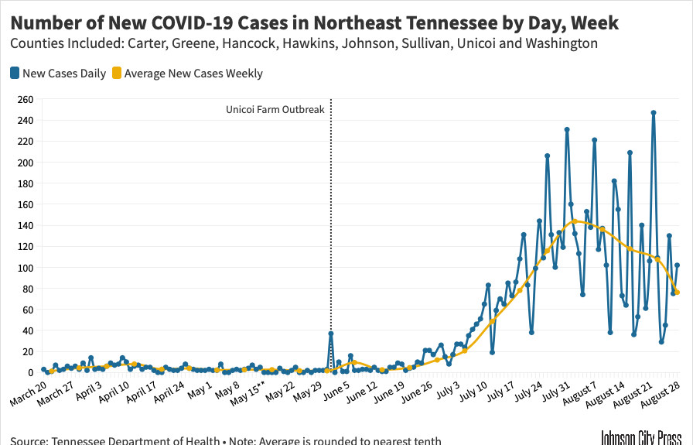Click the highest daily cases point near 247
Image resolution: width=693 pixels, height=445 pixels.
(x=654, y=113)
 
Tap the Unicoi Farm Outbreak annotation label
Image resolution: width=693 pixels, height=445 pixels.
(x=275, y=110)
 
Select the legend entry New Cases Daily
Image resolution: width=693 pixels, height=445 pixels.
(x=59, y=74)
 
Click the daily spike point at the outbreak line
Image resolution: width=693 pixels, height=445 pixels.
(x=331, y=334)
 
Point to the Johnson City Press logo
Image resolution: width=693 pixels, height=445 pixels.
(x=641, y=437)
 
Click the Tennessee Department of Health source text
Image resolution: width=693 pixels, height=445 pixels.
(x=135, y=441)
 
